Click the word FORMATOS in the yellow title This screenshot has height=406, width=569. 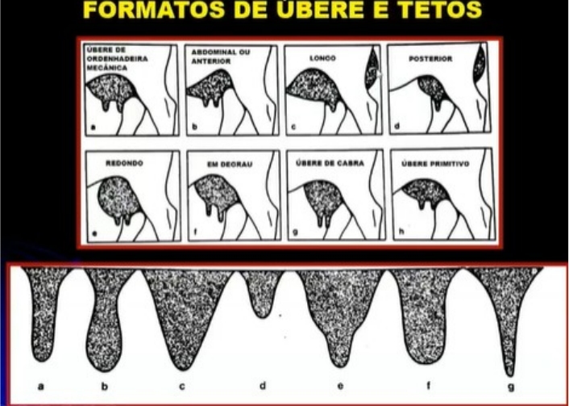(x=154, y=10)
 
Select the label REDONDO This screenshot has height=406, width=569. (x=124, y=164)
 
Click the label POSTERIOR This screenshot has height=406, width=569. (x=430, y=59)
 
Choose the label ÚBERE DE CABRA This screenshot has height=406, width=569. (x=330, y=163)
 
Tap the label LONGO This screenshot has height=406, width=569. (x=322, y=58)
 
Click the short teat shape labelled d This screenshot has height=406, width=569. (x=263, y=293)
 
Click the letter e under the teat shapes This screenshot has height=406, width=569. (x=340, y=385)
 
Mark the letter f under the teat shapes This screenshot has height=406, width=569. (x=428, y=384)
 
